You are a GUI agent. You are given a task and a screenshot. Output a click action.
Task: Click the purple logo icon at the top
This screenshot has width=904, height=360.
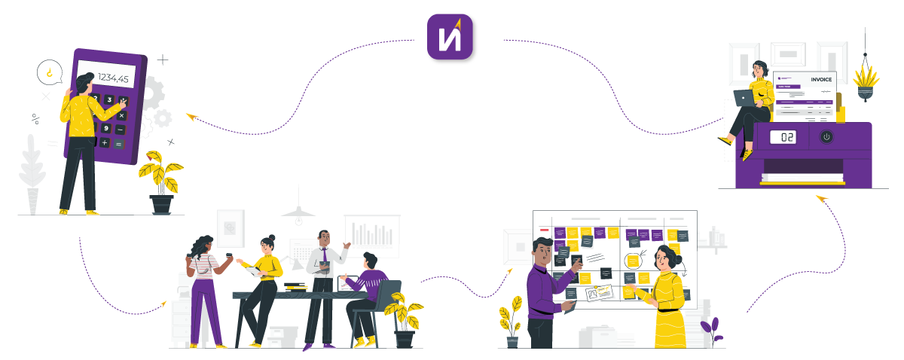[452, 38]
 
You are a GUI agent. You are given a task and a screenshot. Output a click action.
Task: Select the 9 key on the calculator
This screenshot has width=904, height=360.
[106, 128]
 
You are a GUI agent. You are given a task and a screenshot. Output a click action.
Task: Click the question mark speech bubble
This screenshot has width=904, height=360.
[49, 72]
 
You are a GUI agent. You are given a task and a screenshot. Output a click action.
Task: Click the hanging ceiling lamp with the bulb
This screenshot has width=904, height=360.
[298, 214]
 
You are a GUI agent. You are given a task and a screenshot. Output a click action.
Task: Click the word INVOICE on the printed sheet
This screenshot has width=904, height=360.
[821, 79]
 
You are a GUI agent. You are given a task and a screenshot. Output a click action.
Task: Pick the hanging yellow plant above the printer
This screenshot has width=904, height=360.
[866, 78]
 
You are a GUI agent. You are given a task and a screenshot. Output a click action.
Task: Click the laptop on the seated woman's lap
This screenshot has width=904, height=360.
[744, 98]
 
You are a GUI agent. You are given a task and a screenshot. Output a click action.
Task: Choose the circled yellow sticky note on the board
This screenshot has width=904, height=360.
[633, 261]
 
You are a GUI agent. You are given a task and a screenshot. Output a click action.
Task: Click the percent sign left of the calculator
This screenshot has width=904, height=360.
[35, 117]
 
